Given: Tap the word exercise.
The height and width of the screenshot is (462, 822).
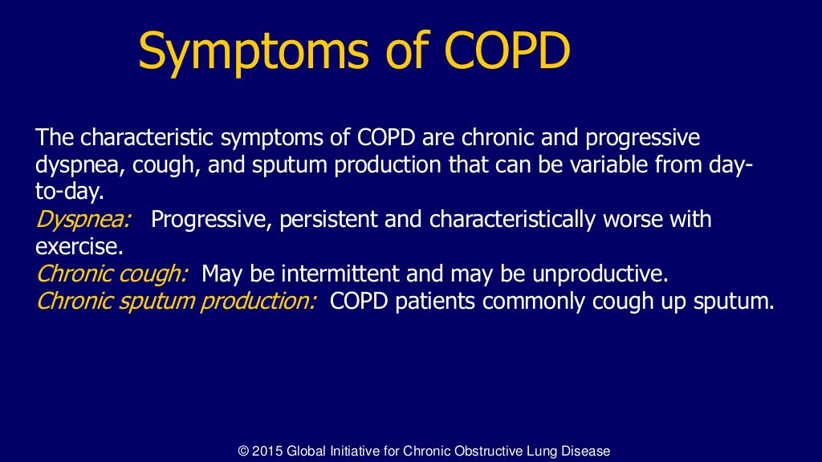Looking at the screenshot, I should [x=80, y=246].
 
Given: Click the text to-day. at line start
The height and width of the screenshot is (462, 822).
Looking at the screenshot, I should [x=70, y=192].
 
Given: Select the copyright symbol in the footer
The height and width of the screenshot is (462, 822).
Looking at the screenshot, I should [x=244, y=451].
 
